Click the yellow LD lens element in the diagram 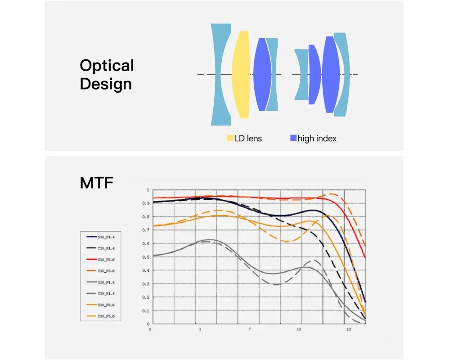coord(241,74)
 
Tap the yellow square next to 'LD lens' coord(229,138)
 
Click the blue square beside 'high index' coord(293,138)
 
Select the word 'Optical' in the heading coord(107,66)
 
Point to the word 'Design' coord(106,84)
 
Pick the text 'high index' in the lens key coord(317,139)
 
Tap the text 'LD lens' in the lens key coord(248,139)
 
